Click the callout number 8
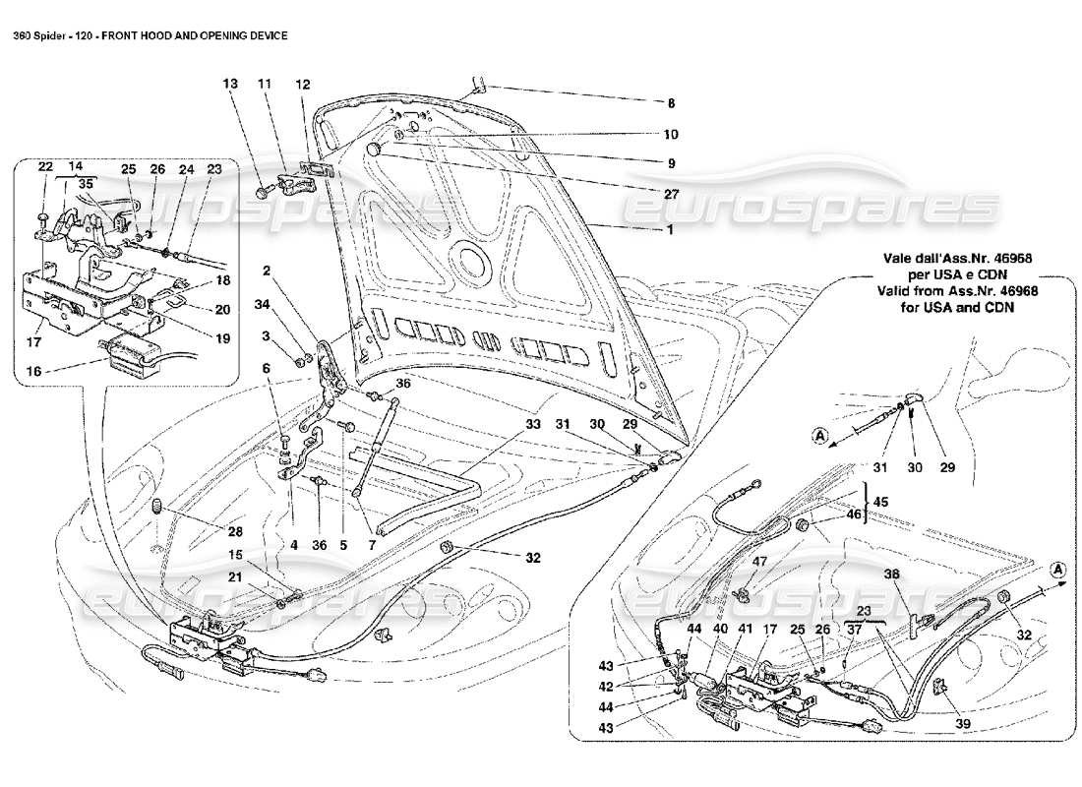pos(672,102)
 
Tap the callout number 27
pos(672,195)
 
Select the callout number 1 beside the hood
pos(671,229)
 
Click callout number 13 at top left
pos(230,86)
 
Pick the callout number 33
pos(533,425)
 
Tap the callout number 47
pos(760,562)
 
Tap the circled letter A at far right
pos(1055,569)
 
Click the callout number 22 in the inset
pos(44,168)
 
